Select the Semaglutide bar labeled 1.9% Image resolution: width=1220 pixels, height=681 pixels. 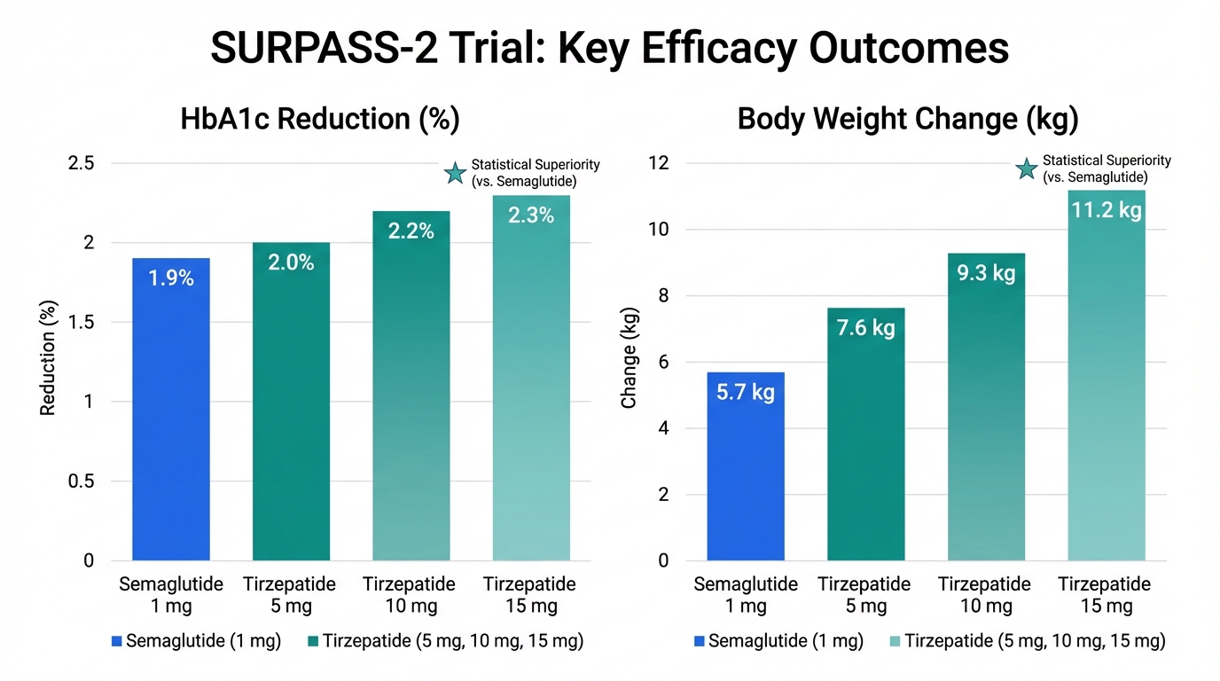pyautogui.click(x=171, y=408)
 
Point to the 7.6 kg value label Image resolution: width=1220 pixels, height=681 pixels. pyautogui.click(x=866, y=328)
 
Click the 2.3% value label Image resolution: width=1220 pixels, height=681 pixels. pyautogui.click(x=532, y=215)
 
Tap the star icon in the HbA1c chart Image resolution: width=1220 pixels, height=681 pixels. pyautogui.click(x=456, y=174)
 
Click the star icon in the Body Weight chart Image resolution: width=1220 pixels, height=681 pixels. pyautogui.click(x=1027, y=169)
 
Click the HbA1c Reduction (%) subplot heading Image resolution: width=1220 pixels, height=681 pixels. pyautogui.click(x=320, y=120)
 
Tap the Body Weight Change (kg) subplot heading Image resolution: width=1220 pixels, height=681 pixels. pyautogui.click(x=908, y=120)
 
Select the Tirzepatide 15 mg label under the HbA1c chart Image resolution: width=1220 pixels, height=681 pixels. pyautogui.click(x=530, y=595)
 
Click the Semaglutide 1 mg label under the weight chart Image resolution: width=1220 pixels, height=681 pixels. pyautogui.click(x=746, y=595)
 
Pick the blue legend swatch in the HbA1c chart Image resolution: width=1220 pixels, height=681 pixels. pyautogui.click(x=117, y=640)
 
